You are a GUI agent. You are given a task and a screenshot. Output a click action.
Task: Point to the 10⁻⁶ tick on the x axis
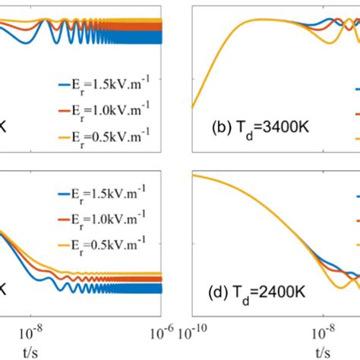coord(160,332)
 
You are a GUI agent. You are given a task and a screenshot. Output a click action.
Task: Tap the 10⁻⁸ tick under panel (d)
coord(323,332)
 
